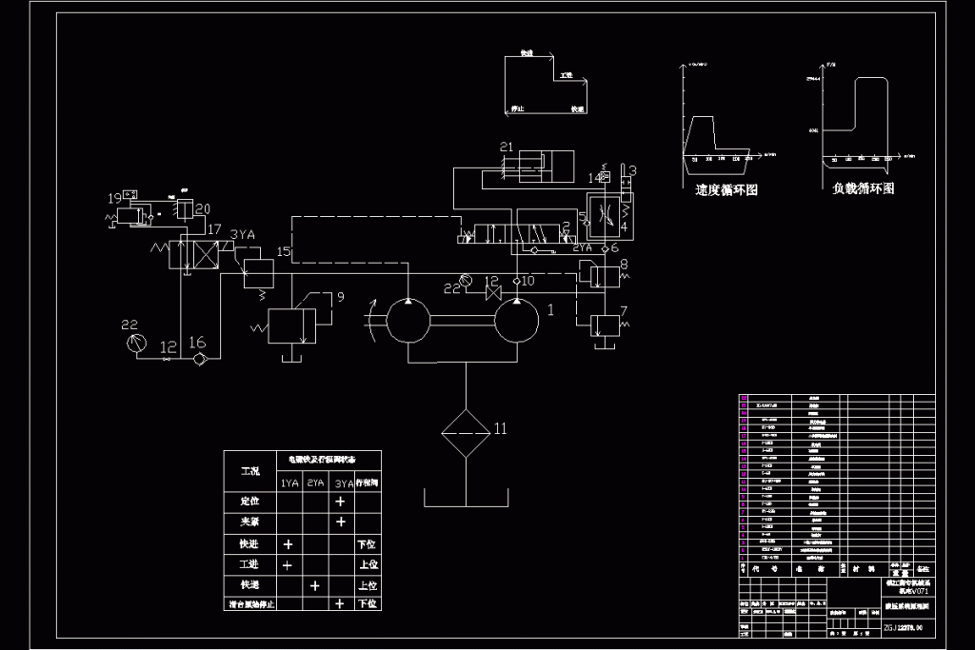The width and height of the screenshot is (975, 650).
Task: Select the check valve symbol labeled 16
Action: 198,359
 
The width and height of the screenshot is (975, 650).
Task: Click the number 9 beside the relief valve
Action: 343,297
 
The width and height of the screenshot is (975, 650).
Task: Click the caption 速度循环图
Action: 726,189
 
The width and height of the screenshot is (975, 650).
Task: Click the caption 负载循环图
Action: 863,188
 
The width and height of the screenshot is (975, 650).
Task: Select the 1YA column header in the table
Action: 289,483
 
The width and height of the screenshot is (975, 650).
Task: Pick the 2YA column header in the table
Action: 315,483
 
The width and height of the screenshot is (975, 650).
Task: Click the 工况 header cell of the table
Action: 250,471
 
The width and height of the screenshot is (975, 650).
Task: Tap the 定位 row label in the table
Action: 250,501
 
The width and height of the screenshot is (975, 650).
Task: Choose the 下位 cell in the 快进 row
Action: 367,543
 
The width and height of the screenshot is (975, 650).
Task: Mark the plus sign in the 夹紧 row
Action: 340,522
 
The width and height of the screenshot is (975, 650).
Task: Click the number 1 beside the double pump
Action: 549,309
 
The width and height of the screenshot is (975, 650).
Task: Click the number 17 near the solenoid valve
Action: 212,229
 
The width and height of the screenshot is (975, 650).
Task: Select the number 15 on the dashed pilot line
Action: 283,251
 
